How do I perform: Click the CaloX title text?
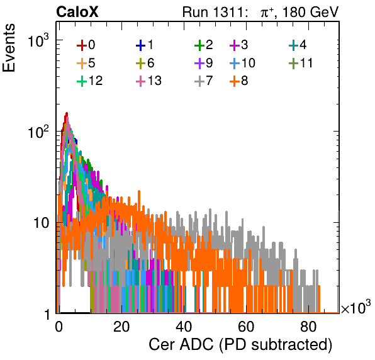pyautogui.click(x=77, y=12)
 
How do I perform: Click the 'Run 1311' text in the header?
pyautogui.click(x=213, y=12)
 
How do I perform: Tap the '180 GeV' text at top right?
pyautogui.click(x=311, y=12)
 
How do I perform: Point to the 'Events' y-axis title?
pyautogui.click(x=9, y=48)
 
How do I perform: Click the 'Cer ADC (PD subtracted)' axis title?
pyautogui.click(x=240, y=344)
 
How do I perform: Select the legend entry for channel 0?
pyautogui.click(x=86, y=45)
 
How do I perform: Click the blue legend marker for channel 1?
pyautogui.click(x=141, y=45)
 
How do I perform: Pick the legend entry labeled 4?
pyautogui.click(x=298, y=45)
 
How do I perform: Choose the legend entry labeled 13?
pyautogui.click(x=148, y=81)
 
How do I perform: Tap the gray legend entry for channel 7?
pyautogui.click(x=204, y=81)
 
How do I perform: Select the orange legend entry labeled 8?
pyautogui.click(x=238, y=81)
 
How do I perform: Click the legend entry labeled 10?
pyautogui.click(x=242, y=63)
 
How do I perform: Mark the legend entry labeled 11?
pyautogui.click(x=301, y=63)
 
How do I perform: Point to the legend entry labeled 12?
pyautogui.click(x=90, y=81)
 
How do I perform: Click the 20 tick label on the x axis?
pyautogui.click(x=121, y=327)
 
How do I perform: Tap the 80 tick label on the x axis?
pyautogui.click(x=308, y=327)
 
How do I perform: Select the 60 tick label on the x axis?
pyautogui.click(x=246, y=327)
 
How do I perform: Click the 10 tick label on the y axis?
pyautogui.click(x=42, y=223)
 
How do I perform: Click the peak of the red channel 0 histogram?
pyautogui.click(x=67, y=113)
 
